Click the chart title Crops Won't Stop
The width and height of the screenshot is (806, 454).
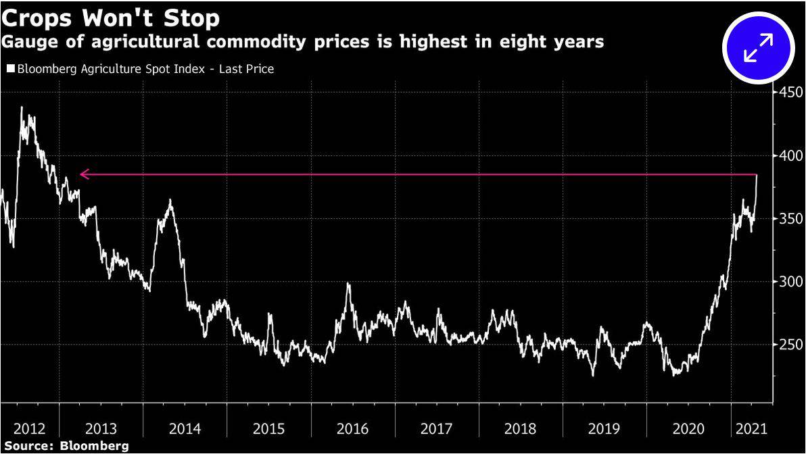click(110, 16)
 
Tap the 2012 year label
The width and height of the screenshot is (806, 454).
click(30, 429)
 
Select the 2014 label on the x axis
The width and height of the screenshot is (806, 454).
click(184, 429)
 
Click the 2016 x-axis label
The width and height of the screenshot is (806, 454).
click(352, 429)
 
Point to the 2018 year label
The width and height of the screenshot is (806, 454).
click(521, 429)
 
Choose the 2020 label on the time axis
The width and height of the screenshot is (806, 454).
click(688, 429)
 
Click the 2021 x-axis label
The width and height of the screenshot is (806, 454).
click(751, 429)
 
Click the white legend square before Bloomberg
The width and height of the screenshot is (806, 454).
click(10, 69)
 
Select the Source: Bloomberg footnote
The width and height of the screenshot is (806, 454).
click(65, 447)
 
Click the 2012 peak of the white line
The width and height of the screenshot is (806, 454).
click(22, 107)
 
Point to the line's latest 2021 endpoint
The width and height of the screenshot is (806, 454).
click(756, 175)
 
